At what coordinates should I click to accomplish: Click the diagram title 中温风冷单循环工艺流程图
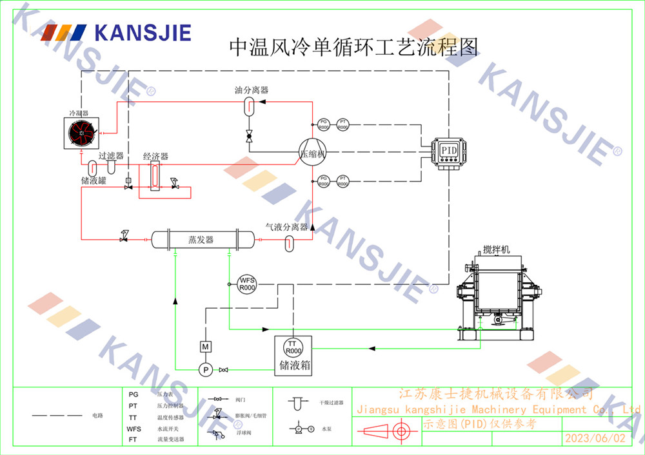pos(354,47)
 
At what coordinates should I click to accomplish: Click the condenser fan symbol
pos(81,132)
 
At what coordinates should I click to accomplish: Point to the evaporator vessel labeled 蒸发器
pos(201,240)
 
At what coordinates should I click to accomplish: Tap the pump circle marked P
pos(205,369)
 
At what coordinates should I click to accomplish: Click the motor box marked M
pos(205,347)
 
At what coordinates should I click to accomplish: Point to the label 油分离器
pos(252,90)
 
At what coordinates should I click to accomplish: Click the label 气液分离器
pos(287,227)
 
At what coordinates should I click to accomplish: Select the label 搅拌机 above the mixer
pos(496,250)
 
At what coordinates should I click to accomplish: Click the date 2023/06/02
pos(595,438)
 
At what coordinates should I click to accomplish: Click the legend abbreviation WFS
pos(134,429)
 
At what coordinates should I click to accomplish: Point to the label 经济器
pos(155,157)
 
